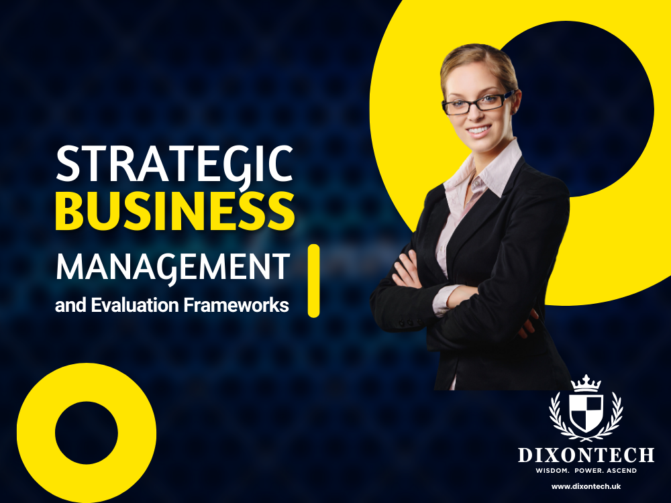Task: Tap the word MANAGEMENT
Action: [x=172, y=266]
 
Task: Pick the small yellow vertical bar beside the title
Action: [x=313, y=280]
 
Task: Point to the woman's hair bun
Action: [x=470, y=57]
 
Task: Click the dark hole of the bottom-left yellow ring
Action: [x=87, y=433]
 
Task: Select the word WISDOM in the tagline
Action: [x=551, y=471]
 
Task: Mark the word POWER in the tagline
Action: [x=586, y=471]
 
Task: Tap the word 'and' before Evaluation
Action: [x=66, y=305]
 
